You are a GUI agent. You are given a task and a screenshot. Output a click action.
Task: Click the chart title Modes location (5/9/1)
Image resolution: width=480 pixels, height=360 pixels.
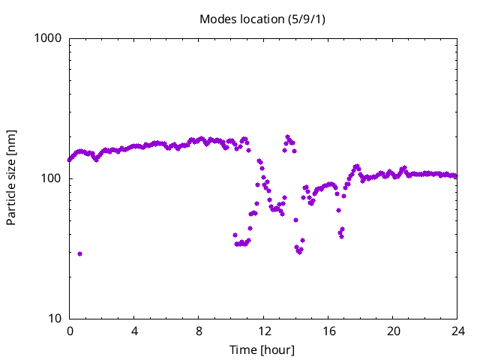pos(262,19)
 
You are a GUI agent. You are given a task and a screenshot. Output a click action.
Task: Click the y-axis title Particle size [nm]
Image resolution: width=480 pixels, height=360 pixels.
pos(11,178)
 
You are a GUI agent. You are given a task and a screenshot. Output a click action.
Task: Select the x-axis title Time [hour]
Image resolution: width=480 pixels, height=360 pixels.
pos(262,350)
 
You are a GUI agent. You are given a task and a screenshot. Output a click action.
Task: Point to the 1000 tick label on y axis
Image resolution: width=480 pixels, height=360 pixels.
pos(49,38)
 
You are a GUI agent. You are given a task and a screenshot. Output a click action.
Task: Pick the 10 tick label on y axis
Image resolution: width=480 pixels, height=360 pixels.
pos(55,319)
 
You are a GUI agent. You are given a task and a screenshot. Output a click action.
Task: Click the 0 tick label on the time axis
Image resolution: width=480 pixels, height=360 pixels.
pos(70,331)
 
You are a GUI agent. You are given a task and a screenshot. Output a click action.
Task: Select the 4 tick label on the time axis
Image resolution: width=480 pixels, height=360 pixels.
pos(134,331)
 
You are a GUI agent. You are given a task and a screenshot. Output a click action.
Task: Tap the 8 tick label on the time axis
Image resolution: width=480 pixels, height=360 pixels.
pos(199,331)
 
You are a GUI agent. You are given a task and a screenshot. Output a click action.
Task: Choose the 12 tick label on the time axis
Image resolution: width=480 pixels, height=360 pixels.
pos(263,331)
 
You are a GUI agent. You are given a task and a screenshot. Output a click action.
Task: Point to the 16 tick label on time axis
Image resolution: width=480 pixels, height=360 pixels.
pos(328,331)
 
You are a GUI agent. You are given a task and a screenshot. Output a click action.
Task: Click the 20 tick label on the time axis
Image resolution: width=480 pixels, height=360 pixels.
pos(392,331)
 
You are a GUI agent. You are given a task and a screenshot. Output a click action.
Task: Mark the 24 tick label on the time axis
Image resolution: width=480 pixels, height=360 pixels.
pos(457,331)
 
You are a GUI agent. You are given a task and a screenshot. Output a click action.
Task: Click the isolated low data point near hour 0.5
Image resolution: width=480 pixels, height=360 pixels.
pos(79,253)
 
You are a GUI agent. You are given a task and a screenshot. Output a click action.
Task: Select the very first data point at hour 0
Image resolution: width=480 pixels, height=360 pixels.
pos(70,160)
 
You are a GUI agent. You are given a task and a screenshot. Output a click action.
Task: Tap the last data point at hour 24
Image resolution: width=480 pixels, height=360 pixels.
pos(456,176)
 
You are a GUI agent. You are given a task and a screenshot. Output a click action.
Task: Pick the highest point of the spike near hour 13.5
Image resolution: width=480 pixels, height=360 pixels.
pos(287,137)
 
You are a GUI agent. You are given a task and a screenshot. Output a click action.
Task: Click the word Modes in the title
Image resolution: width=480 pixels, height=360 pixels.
pos(216,19)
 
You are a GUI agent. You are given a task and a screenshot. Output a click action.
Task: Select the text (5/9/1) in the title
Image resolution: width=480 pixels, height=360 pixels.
pos(307,19)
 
